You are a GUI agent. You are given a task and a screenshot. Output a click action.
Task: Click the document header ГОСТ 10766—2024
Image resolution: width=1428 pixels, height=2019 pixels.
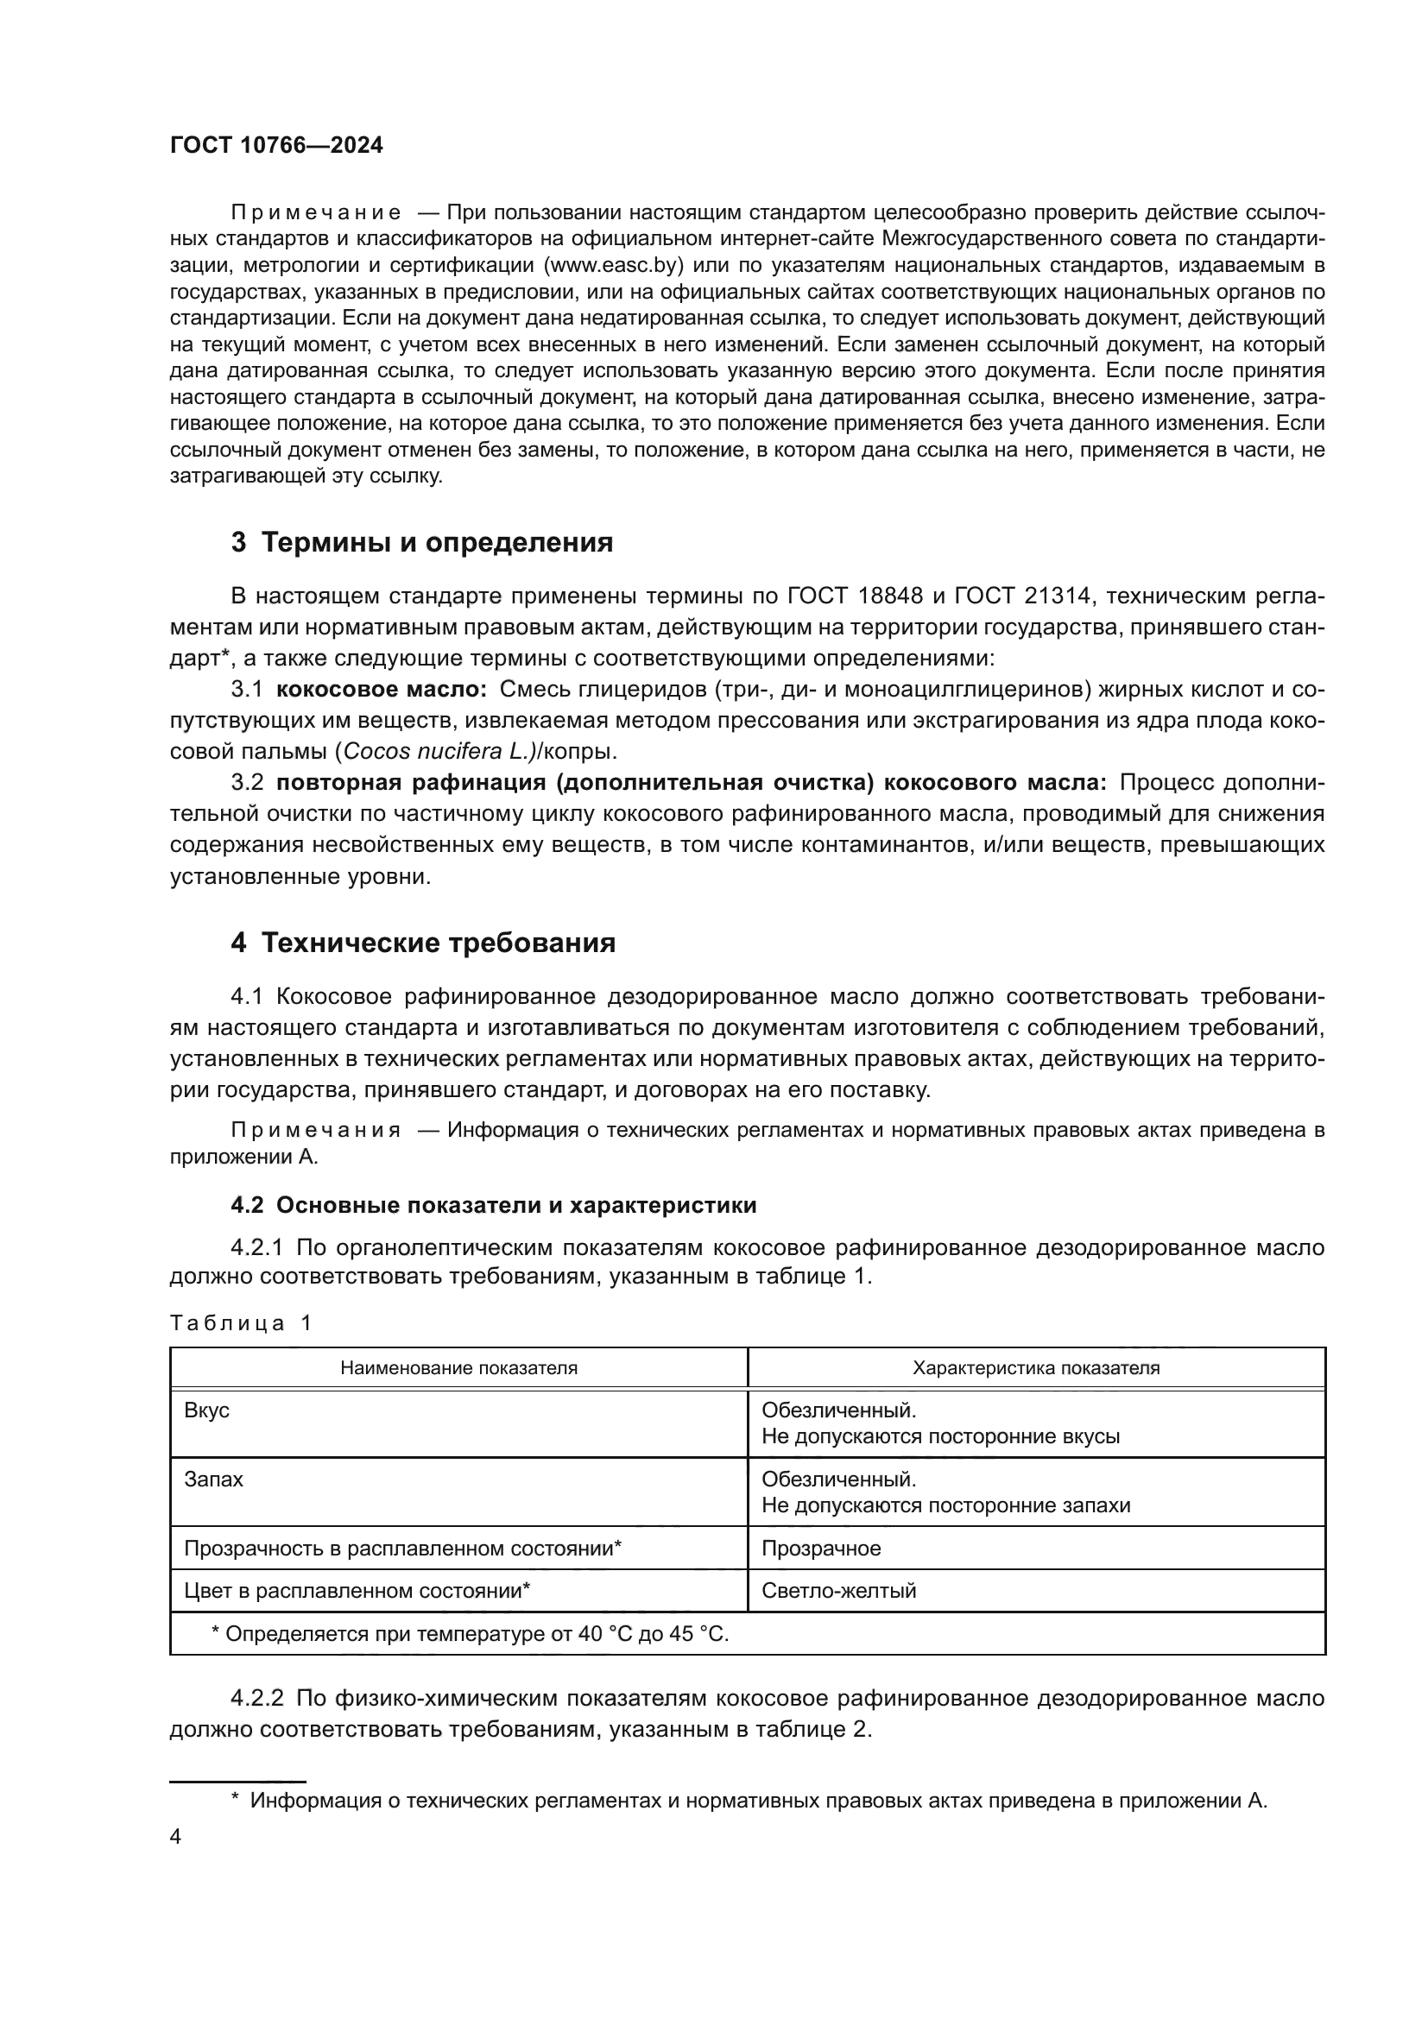pyautogui.click(x=276, y=146)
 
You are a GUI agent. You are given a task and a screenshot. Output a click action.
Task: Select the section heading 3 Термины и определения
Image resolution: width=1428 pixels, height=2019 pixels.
pyautogui.click(x=422, y=543)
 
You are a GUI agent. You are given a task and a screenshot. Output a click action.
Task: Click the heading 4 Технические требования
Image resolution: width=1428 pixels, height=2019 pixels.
pyautogui.click(x=423, y=943)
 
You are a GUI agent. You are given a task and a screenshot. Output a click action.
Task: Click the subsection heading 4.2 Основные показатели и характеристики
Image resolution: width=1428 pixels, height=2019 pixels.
pyautogui.click(x=493, y=1205)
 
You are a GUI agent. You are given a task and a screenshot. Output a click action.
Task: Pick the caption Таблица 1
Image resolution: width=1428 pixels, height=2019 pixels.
pyautogui.click(x=241, y=1323)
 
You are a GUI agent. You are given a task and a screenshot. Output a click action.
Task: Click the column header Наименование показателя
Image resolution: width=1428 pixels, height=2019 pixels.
pyautogui.click(x=459, y=1367)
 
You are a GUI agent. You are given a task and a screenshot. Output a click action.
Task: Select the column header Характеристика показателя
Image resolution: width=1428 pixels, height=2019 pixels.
pyautogui.click(x=1036, y=1367)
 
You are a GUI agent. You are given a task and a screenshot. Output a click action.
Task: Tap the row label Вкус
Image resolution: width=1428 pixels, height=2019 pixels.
pyautogui.click(x=206, y=1410)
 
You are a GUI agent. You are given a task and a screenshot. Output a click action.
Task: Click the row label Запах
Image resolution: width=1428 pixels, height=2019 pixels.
pyautogui.click(x=213, y=1480)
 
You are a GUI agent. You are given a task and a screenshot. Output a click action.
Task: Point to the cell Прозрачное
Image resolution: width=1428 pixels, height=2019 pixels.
pyautogui.click(x=821, y=1548)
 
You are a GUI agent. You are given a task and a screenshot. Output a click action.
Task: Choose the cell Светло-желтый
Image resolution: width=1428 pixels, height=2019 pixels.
pyautogui.click(x=839, y=1590)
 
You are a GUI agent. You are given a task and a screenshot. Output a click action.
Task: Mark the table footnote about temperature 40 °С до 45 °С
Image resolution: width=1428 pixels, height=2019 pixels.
pyautogui.click(x=471, y=1634)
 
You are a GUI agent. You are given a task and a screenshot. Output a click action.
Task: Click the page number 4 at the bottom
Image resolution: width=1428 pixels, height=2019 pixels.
pyautogui.click(x=175, y=1837)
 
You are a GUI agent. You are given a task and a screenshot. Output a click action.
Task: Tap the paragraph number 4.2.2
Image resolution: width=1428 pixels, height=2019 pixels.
pyautogui.click(x=256, y=1698)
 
